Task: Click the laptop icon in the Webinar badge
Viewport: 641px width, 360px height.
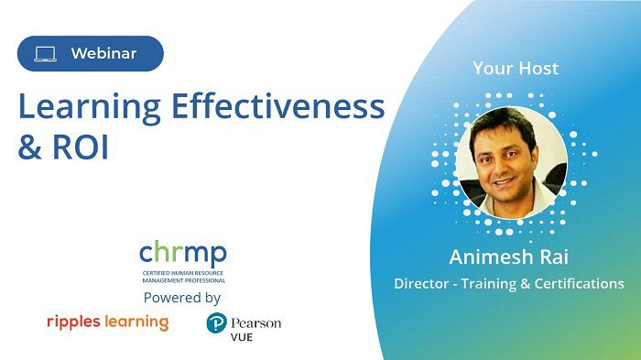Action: coord(46,54)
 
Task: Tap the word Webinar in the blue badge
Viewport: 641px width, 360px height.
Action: coord(103,54)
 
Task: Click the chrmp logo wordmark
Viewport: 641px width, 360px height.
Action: coord(182,254)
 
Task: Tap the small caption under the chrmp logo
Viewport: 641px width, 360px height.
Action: coord(182,278)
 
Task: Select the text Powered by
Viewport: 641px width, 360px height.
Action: coord(182,298)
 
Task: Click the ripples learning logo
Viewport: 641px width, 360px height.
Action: coord(107,322)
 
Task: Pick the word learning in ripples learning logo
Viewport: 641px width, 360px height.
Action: coord(136,322)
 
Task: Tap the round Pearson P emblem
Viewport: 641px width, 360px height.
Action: coord(217,323)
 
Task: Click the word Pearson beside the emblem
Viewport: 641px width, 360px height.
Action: coord(256,322)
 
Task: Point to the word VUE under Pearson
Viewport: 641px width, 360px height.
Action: coord(244,337)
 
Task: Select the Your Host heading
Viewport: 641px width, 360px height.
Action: coord(516,68)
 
